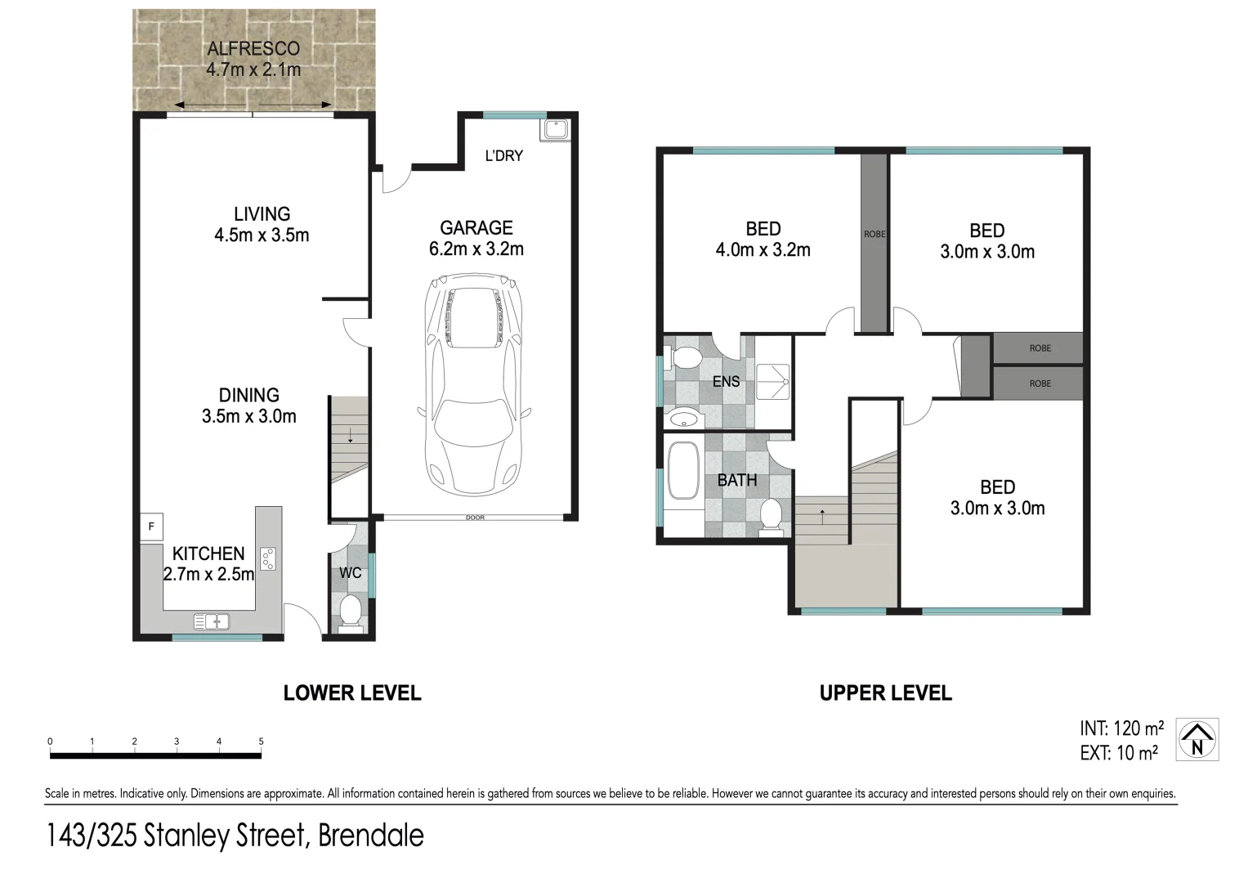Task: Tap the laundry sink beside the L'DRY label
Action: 557,129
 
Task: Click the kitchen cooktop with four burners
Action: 268,559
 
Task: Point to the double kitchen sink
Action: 212,622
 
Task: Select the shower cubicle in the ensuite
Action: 772,381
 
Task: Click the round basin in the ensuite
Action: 683,419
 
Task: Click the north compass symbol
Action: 1197,740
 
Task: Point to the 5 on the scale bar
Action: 262,742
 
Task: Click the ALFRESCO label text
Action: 253,49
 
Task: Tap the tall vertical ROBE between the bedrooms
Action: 874,242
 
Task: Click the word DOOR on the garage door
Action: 475,518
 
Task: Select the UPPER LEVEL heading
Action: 885,693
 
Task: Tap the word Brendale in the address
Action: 371,836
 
